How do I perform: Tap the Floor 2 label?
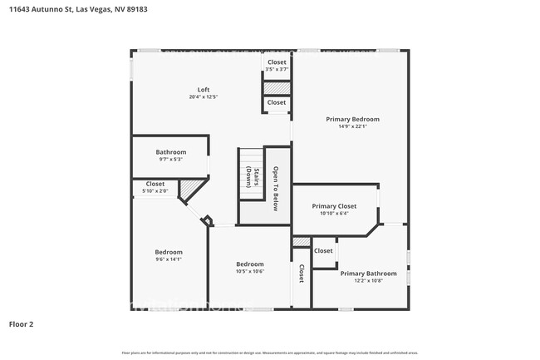(x=21, y=323)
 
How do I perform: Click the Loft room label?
(x=203, y=90)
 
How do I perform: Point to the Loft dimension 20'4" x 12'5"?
(x=203, y=97)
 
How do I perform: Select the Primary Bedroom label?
(x=352, y=119)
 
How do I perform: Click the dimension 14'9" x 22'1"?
(x=352, y=126)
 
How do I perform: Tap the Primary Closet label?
(x=334, y=205)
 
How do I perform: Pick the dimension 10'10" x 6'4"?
(x=334, y=213)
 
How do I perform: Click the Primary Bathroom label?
(x=368, y=273)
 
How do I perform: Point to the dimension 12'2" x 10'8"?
(x=368, y=280)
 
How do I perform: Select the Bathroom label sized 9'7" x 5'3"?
(x=171, y=152)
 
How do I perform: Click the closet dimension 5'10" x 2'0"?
(x=155, y=191)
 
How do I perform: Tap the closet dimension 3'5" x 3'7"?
(x=277, y=69)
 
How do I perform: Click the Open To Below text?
(x=276, y=190)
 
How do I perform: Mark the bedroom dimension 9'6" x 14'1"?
(x=169, y=259)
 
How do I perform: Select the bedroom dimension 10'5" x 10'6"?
(x=249, y=271)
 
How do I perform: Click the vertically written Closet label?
(x=302, y=274)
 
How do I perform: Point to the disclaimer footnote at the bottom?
(x=269, y=352)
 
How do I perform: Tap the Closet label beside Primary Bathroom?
(x=323, y=250)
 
